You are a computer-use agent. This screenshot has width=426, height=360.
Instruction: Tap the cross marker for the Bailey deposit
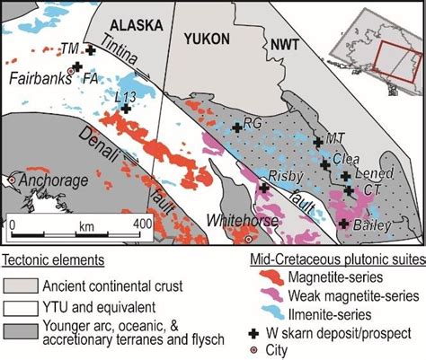[343, 224]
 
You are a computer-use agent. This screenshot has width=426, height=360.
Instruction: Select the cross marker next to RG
[237, 128]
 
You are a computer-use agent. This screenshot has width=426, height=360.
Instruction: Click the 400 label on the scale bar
[142, 222]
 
